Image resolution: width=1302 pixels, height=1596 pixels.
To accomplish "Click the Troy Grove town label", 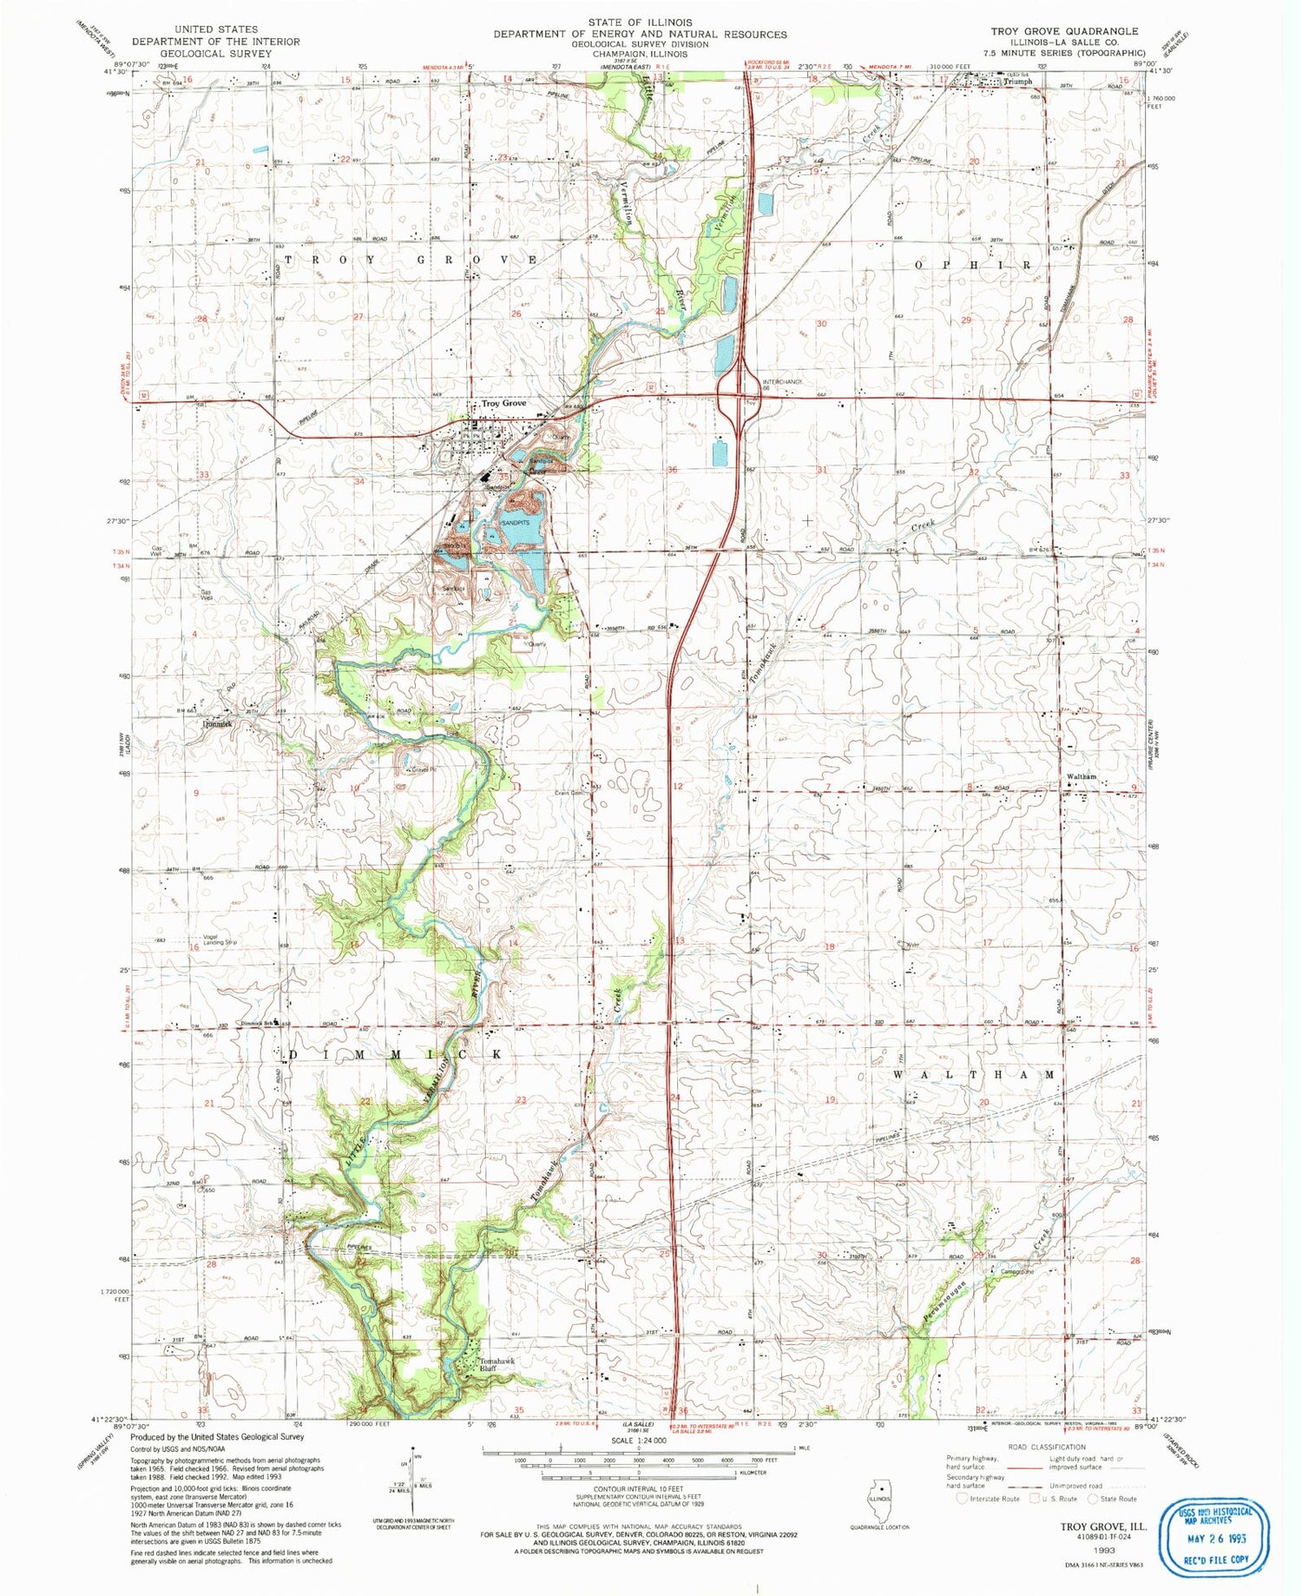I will pos(503,404).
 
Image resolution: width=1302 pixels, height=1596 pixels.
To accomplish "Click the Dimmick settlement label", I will pos(217,723).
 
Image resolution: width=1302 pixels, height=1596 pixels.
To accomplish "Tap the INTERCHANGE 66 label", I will pos(781,386).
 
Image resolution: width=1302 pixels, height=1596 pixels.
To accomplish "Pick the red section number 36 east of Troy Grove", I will pos(672,470).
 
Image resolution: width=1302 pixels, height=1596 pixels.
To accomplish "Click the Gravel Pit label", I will pos(419,769).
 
